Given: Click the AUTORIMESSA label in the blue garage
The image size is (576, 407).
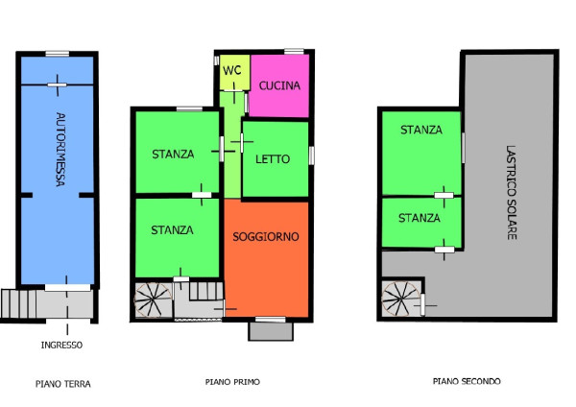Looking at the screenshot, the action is pyautogui.click(x=60, y=149).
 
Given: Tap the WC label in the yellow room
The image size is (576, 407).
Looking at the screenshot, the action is pyautogui.click(x=232, y=70).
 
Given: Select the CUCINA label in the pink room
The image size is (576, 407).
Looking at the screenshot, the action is pyautogui.click(x=279, y=85).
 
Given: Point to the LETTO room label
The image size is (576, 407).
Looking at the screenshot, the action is pyautogui.click(x=273, y=159).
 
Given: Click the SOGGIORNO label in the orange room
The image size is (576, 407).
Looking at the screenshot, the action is pyautogui.click(x=266, y=236).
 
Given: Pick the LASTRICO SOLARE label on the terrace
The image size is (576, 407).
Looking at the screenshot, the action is pyautogui.click(x=512, y=193).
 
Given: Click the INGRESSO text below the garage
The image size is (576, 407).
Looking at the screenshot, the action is pyautogui.click(x=61, y=345).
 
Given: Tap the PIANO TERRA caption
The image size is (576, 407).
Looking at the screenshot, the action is pyautogui.click(x=63, y=384).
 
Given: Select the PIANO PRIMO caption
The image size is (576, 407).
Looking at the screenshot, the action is pyautogui.click(x=232, y=382).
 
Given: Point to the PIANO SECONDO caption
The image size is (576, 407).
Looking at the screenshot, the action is pyautogui.click(x=467, y=381).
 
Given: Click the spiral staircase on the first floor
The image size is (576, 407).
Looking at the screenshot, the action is pyautogui.click(x=153, y=299).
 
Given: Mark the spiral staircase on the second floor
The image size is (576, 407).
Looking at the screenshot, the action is pyautogui.click(x=400, y=299).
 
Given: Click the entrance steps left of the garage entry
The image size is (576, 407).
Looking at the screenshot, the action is pyautogui.click(x=19, y=303).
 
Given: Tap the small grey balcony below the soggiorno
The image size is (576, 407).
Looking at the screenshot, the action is pyautogui.click(x=271, y=331).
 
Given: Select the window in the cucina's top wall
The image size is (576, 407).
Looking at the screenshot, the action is pyautogui.click(x=295, y=52).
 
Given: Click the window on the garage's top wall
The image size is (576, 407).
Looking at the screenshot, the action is pyautogui.click(x=58, y=54).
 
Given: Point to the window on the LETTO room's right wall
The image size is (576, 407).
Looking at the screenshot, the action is pyautogui.click(x=311, y=156).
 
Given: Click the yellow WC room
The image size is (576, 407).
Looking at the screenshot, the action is pyautogui.click(x=234, y=72).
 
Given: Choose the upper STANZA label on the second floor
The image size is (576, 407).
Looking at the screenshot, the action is pyautogui.click(x=421, y=130).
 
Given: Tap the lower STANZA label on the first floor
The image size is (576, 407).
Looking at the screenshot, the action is pyautogui.click(x=172, y=230).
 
